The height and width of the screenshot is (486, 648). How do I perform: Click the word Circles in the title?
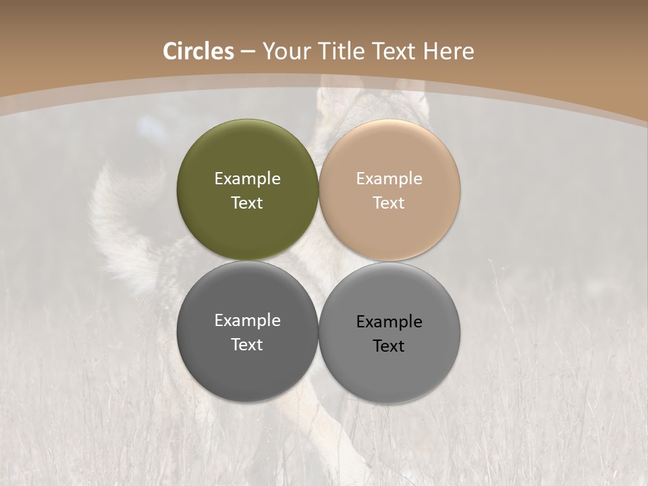point(198,51)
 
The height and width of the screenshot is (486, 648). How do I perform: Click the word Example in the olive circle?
point(247,179)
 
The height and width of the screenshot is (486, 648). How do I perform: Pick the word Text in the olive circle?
point(247,202)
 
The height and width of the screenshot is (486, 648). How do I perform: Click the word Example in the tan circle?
point(389,179)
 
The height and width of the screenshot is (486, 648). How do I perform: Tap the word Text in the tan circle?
point(389,202)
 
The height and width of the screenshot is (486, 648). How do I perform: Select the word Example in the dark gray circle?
point(247,321)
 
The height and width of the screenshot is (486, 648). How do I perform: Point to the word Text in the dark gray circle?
point(247,344)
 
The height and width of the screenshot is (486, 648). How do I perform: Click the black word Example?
point(389,322)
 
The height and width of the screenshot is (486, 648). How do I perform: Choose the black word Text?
point(389,346)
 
